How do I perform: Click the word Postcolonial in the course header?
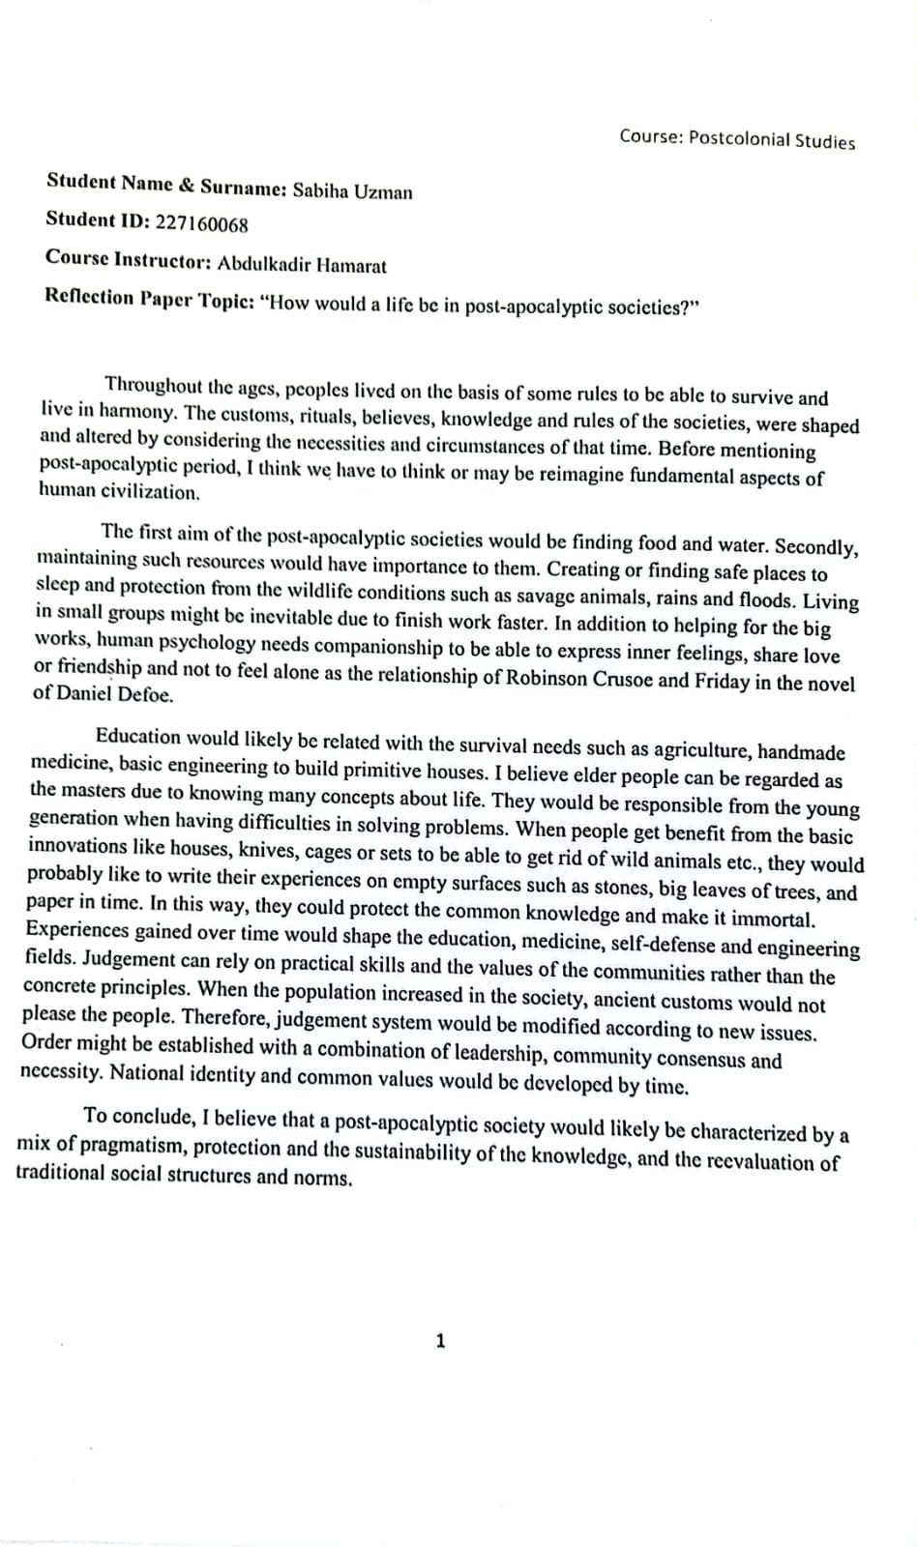tap(738, 138)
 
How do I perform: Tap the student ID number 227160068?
tap(201, 224)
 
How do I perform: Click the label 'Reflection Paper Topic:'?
tap(150, 299)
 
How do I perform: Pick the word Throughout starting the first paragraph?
tap(151, 385)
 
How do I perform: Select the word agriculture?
tap(701, 749)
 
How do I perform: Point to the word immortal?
tap(772, 919)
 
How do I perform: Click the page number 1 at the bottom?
tap(441, 1341)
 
